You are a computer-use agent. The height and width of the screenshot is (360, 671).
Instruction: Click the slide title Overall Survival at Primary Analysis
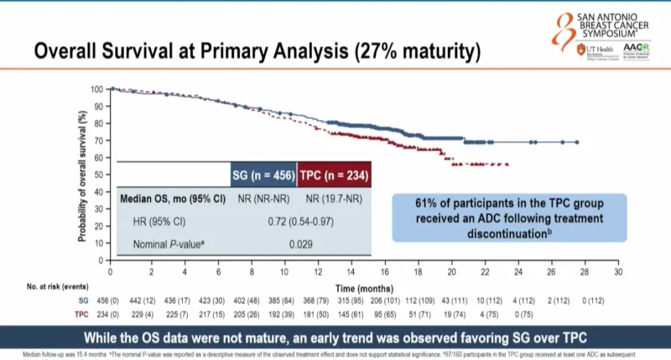click(257, 51)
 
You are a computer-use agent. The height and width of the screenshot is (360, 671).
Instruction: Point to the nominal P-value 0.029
click(299, 243)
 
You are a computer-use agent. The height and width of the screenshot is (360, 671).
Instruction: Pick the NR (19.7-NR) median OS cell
click(334, 200)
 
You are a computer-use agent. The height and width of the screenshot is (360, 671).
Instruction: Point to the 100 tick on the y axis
click(97, 89)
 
